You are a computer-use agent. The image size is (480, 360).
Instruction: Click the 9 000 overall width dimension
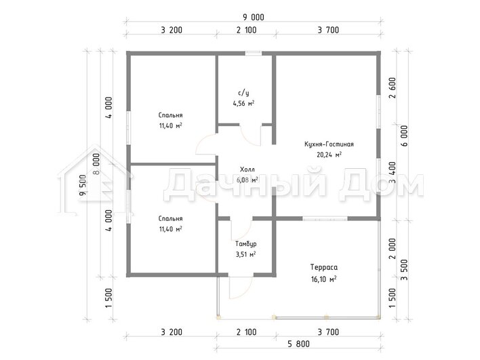pyautogui.click(x=254, y=17)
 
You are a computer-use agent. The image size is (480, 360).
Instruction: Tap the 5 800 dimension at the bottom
pyautogui.click(x=298, y=344)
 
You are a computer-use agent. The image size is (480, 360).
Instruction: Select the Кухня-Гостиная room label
pyautogui.click(x=329, y=144)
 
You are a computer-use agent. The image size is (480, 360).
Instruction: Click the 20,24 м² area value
pyautogui.click(x=329, y=155)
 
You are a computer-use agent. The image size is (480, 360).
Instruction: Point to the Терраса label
pyautogui.click(x=324, y=267)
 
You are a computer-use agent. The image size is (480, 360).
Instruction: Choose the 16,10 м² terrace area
pyautogui.click(x=324, y=279)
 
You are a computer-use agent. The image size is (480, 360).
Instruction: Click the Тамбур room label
pyautogui.click(x=246, y=244)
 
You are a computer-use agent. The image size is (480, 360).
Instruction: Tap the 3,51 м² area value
pyautogui.click(x=246, y=254)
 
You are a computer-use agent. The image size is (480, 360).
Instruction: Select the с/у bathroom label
pyautogui.click(x=243, y=93)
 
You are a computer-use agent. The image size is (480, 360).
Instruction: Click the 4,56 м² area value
pyautogui.click(x=243, y=103)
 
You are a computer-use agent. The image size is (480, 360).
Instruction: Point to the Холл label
pyautogui.click(x=247, y=169)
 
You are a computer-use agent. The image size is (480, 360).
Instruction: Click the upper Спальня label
pyautogui.click(x=171, y=115)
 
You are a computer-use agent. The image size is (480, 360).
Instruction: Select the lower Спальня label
pyautogui.click(x=171, y=218)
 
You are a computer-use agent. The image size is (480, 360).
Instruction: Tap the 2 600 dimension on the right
pyautogui.click(x=393, y=87)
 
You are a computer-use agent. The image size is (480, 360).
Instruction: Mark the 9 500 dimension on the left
pyautogui.click(x=83, y=185)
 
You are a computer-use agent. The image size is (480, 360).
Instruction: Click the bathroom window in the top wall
pyautogui.click(x=254, y=54)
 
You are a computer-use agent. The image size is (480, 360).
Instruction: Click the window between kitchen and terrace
pyautogui.click(x=325, y=218)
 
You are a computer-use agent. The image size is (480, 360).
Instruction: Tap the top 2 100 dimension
pyautogui.click(x=246, y=30)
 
